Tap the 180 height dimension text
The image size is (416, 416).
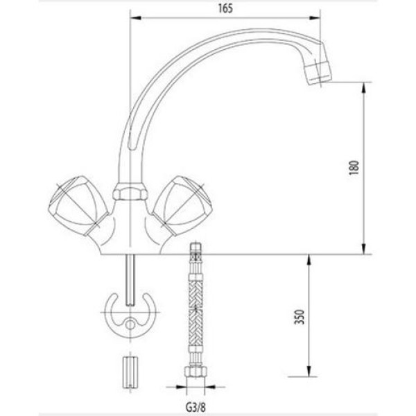click(x=354, y=168)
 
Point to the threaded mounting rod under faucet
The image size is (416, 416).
click(x=130, y=277)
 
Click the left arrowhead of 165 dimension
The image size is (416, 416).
click(x=135, y=19)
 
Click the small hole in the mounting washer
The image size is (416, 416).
click(x=130, y=325)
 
